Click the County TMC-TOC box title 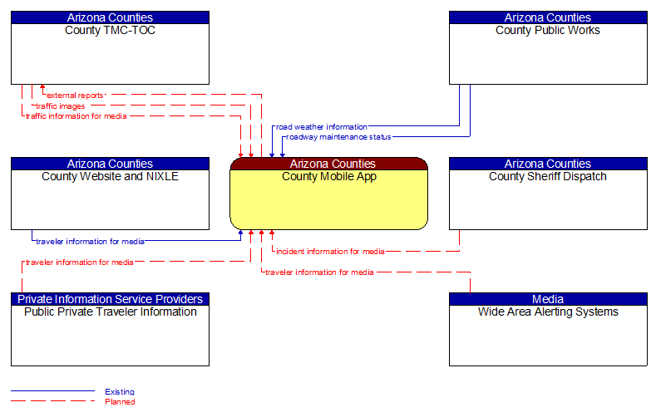(110, 31)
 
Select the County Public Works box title (547, 31)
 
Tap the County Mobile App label (328, 176)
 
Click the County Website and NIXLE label (110, 176)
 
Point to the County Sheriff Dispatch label (547, 176)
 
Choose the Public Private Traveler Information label (110, 312)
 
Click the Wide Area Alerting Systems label (547, 312)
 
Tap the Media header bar (547, 299)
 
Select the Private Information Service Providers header (110, 299)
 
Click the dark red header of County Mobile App (328, 164)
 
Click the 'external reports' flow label (75, 96)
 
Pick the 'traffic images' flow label (60, 106)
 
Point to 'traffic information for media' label (76, 116)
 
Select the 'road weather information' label (321, 127)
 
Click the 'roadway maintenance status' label (338, 137)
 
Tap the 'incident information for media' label (330, 251)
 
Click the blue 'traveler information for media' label (90, 242)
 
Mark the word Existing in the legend (120, 391)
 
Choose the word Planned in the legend (120, 402)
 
